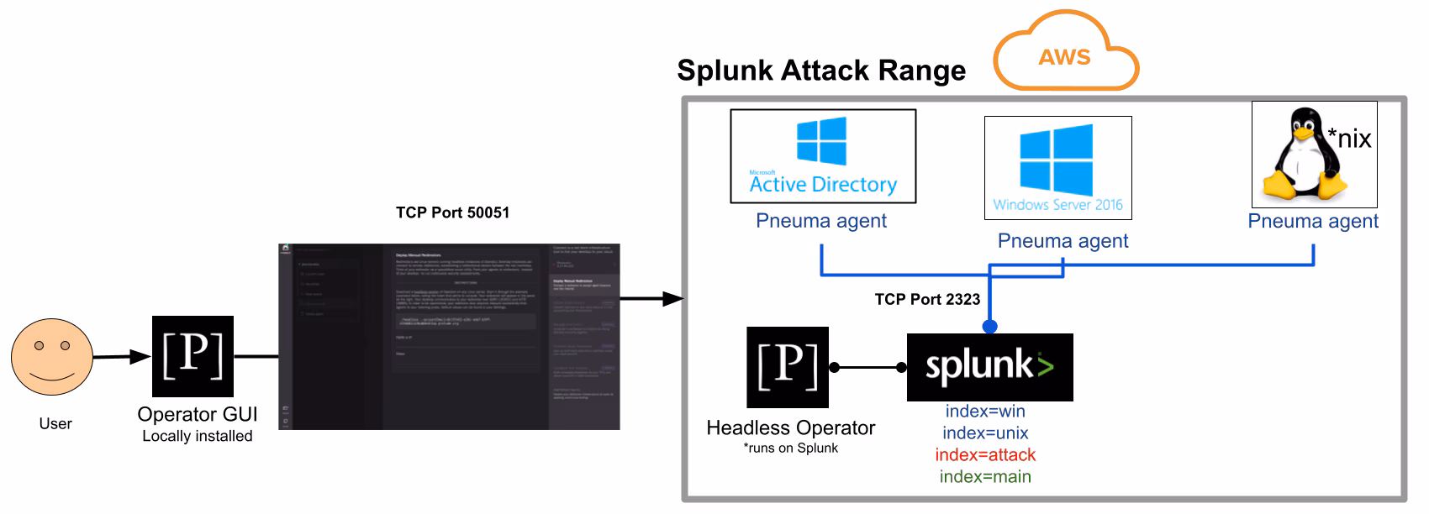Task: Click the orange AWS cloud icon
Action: click(1065, 52)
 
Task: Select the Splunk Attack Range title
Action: click(821, 71)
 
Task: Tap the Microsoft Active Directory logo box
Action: click(823, 156)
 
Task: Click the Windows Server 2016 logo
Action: click(1057, 168)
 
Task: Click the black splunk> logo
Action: click(989, 367)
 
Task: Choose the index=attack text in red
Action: click(985, 455)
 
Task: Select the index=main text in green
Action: click(985, 477)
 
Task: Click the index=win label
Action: click(985, 412)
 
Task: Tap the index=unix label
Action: click(985, 433)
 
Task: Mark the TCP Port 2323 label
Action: click(927, 300)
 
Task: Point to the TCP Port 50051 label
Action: click(452, 212)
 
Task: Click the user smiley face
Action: click(51, 356)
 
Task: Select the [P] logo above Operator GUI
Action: click(192, 356)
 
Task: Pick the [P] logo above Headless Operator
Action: click(788, 367)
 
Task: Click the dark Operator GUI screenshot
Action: click(449, 337)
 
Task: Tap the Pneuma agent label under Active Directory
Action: click(821, 221)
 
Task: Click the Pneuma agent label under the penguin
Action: click(1313, 221)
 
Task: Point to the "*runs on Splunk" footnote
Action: click(790, 448)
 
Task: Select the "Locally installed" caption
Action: click(198, 437)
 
